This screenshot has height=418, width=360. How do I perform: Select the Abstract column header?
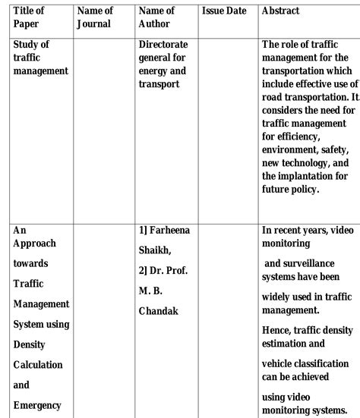pyautogui.click(x=279, y=11)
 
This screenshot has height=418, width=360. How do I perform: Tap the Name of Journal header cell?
pyautogui.click(x=95, y=17)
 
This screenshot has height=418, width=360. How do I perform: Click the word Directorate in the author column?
pyautogui.click(x=163, y=45)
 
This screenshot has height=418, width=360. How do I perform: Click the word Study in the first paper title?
pyautogui.click(x=27, y=45)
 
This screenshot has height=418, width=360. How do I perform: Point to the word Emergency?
pyautogui.click(x=37, y=405)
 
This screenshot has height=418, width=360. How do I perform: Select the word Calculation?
pyautogui.click(x=38, y=365)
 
